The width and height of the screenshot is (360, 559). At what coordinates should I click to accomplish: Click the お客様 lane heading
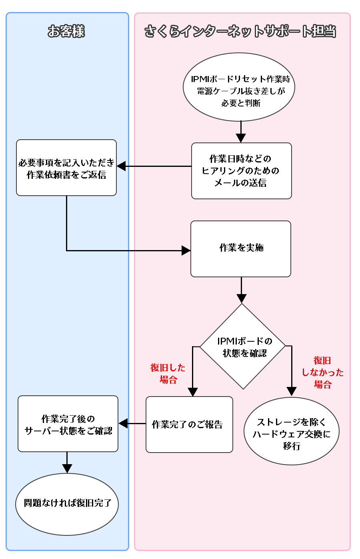pyautogui.click(x=66, y=31)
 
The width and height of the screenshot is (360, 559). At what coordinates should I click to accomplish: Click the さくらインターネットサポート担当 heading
pyautogui.click(x=240, y=31)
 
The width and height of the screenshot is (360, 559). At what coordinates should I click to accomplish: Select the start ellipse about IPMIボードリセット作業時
pyautogui.click(x=239, y=87)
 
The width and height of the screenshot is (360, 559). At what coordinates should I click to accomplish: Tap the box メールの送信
pyautogui.click(x=241, y=171)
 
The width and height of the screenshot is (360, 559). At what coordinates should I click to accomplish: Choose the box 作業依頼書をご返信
pyautogui.click(x=66, y=168)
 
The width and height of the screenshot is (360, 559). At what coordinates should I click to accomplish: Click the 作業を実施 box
pyautogui.click(x=241, y=248)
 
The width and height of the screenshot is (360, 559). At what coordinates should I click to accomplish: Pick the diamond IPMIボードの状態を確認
pyautogui.click(x=242, y=347)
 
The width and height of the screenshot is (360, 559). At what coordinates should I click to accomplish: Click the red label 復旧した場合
pyautogui.click(x=168, y=373)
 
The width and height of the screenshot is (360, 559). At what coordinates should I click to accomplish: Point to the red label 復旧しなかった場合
pyautogui.click(x=322, y=373)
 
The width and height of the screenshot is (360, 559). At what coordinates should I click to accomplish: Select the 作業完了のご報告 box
pyautogui.click(x=189, y=425)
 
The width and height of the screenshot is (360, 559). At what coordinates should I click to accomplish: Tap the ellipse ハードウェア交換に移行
pyautogui.click(x=292, y=431)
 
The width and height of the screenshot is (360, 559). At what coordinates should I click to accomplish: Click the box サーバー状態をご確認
pyautogui.click(x=68, y=424)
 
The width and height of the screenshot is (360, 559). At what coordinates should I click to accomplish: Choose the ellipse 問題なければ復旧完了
pyautogui.click(x=67, y=504)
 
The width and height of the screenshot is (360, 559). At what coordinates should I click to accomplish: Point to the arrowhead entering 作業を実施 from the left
pyautogui.click(x=186, y=250)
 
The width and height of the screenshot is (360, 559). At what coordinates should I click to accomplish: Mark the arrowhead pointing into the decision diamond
pyautogui.click(x=241, y=299)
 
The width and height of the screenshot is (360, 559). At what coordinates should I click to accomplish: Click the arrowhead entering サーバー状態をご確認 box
pyautogui.click(x=123, y=423)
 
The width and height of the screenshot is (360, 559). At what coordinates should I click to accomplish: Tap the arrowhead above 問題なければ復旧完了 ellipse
pyautogui.click(x=67, y=469)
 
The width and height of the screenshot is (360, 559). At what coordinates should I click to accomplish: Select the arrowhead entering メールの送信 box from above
pyautogui.click(x=241, y=138)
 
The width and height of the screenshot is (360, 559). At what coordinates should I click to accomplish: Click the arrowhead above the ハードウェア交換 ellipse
pyautogui.click(x=292, y=391)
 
